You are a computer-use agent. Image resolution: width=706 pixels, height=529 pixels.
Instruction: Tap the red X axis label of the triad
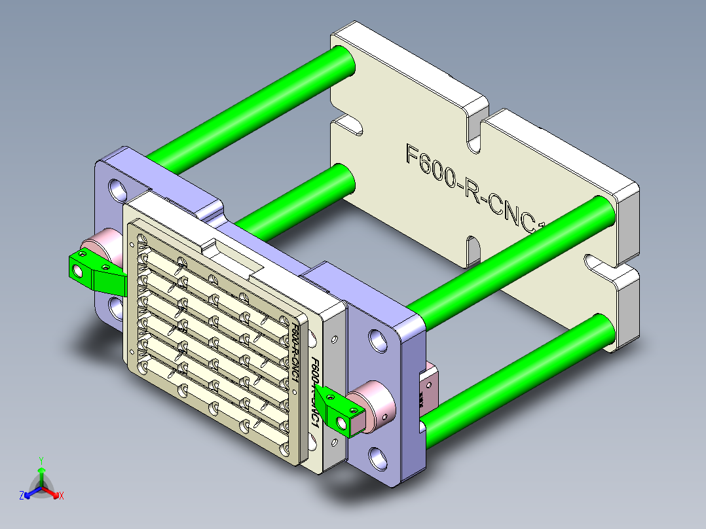coord(62,496)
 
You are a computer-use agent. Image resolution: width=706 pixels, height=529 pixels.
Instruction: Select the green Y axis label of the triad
coord(41,460)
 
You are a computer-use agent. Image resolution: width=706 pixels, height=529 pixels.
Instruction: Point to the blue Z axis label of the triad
coord(22,496)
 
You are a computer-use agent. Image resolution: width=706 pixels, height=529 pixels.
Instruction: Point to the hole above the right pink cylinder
coord(379,339)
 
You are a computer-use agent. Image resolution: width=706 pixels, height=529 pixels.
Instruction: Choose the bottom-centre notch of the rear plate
coord(473,248)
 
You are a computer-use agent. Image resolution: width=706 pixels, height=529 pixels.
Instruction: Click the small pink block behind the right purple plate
coord(432,386)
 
